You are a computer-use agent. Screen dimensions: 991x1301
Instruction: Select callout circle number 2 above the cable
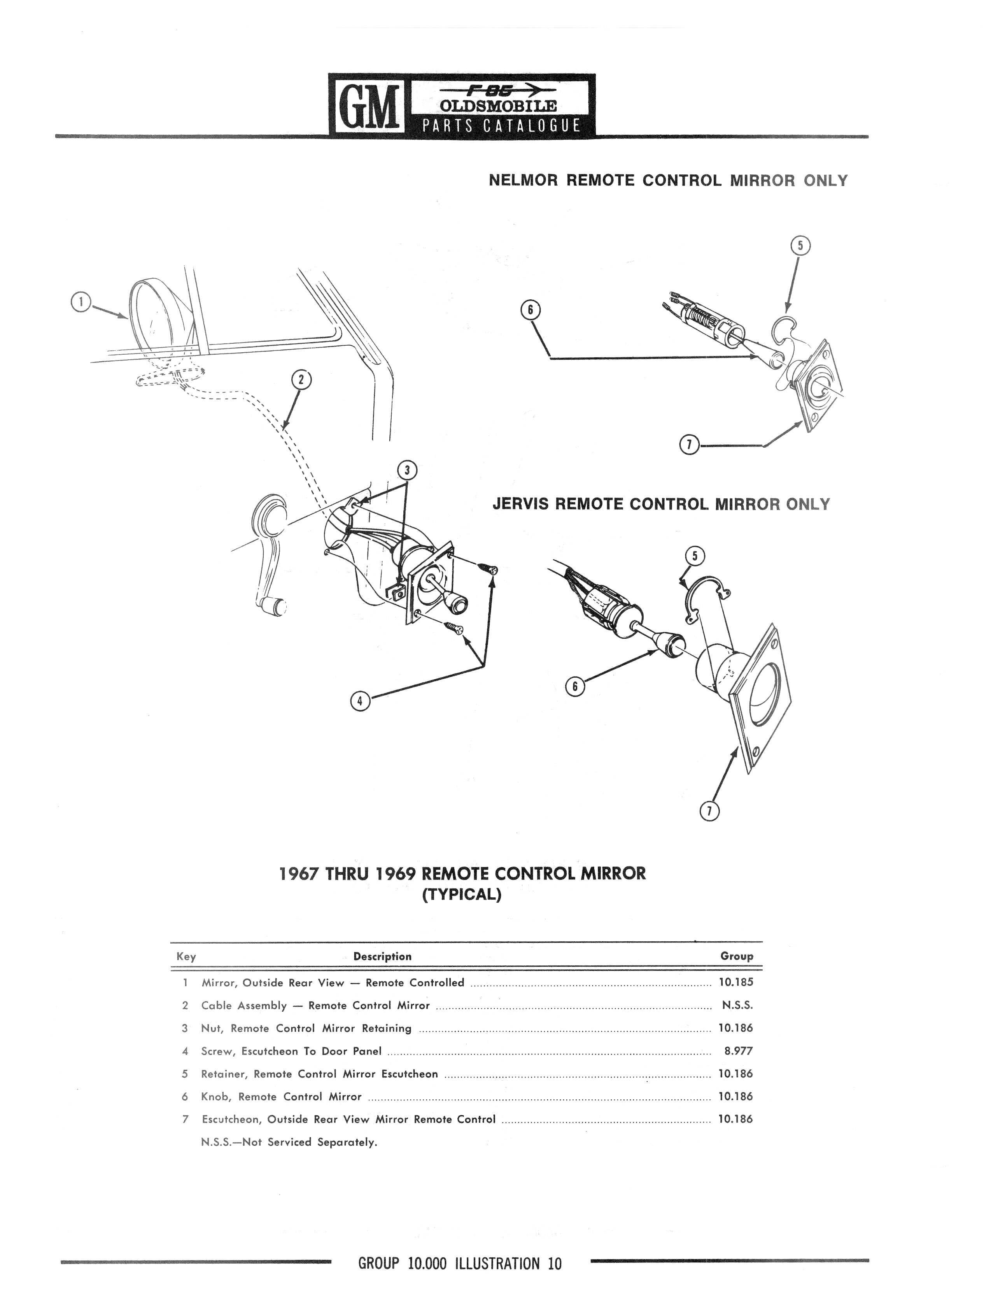coord(301,380)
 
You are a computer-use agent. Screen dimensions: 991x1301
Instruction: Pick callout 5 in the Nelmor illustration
coord(800,246)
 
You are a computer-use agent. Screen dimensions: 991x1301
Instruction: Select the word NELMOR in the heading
coord(523,181)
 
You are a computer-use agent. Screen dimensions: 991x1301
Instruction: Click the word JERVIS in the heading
coord(521,504)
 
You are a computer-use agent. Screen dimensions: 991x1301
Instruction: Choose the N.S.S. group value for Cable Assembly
coord(737,1005)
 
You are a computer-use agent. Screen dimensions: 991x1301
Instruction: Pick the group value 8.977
coord(739,1051)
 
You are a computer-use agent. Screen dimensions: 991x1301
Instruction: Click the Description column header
coord(382,956)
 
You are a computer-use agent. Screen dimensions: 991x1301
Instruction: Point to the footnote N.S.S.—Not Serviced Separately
coord(289,1142)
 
